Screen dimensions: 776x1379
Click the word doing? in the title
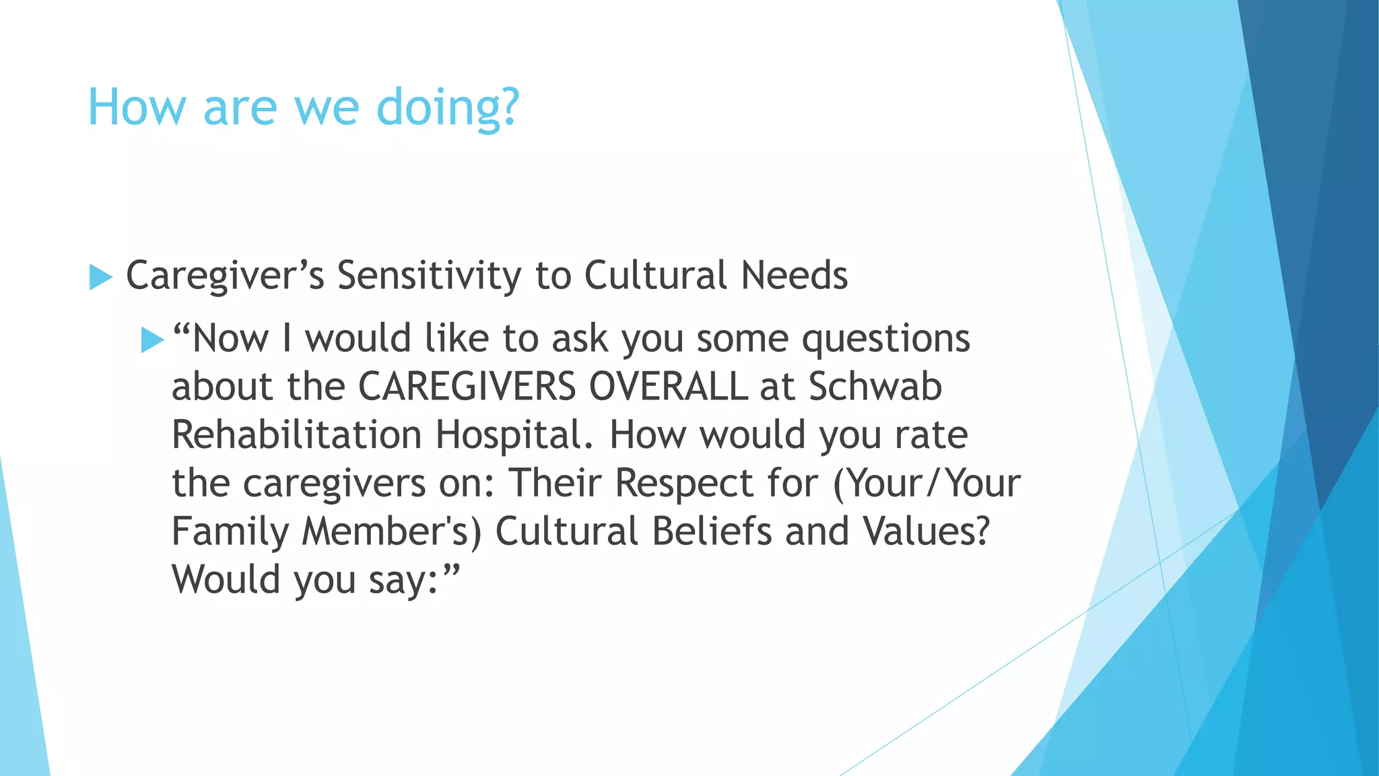448,108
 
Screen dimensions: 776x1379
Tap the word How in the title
137,108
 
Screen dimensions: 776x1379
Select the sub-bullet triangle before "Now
153,340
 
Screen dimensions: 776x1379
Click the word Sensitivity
429,276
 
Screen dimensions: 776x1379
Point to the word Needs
795,276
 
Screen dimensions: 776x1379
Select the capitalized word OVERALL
668,387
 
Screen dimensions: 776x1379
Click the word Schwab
875,387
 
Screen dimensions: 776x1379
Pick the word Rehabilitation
296,435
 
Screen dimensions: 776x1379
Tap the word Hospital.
514,435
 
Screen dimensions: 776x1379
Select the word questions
886,339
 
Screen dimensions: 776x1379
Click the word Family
230,532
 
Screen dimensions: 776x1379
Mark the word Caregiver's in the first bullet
225,276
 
